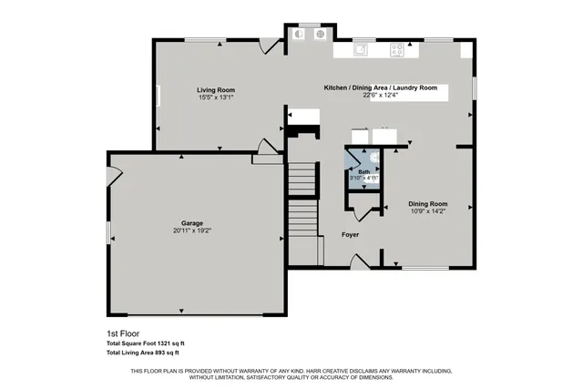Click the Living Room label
[217, 89]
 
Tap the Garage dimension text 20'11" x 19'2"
[191, 230]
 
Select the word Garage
[191, 223]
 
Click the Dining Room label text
[427, 203]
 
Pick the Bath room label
[363, 171]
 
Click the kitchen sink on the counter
[362, 49]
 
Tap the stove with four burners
[399, 49]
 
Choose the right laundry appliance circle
[320, 35]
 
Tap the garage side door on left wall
[113, 175]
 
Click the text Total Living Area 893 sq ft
[143, 352]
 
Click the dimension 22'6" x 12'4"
[381, 95]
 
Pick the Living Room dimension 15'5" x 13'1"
[217, 97]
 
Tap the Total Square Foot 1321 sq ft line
[146, 342]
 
